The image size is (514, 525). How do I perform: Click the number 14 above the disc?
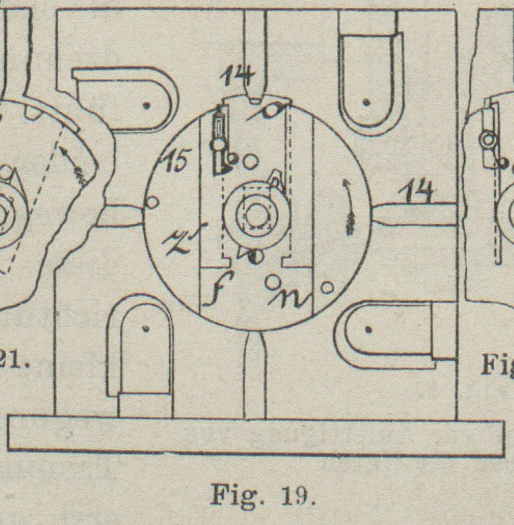237,76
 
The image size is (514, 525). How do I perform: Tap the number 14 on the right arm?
417,194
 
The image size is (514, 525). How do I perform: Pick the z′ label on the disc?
182,240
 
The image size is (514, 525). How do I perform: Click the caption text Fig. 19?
263,495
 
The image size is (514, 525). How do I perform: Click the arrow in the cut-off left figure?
72,163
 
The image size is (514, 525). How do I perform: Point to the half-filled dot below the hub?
254,257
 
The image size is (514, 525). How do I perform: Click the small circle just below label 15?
152,201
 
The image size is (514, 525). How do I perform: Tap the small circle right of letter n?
327,287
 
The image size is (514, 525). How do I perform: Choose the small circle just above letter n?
271,283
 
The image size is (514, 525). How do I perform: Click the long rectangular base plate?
255,435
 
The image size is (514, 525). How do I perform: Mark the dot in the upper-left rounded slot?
147,106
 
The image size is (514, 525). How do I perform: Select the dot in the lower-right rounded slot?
368,329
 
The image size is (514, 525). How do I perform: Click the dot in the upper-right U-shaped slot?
367,102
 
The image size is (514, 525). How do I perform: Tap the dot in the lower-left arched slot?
145,328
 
